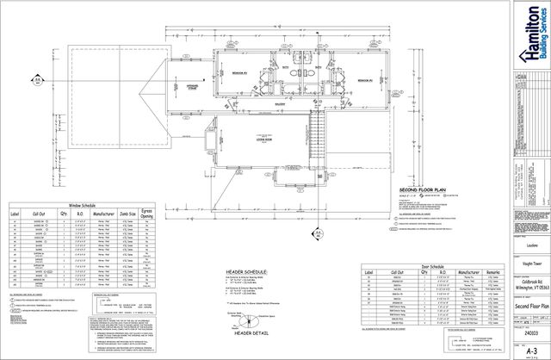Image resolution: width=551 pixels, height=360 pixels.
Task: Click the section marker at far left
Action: coord(38,82)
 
